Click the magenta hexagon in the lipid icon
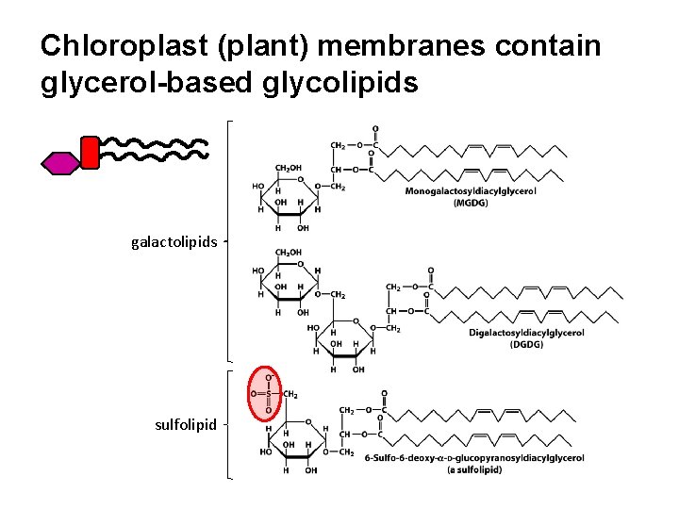click(x=59, y=162)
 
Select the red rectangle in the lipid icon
click(x=90, y=153)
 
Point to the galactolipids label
click(x=174, y=242)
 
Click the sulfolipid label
click(x=186, y=424)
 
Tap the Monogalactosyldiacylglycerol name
click(x=470, y=191)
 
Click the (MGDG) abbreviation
click(x=470, y=203)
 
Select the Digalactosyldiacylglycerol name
click(x=526, y=333)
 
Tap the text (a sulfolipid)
click(x=474, y=469)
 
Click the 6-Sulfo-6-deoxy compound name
click(x=474, y=458)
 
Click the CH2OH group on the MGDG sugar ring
click(x=289, y=168)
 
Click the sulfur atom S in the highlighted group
click(x=268, y=394)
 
